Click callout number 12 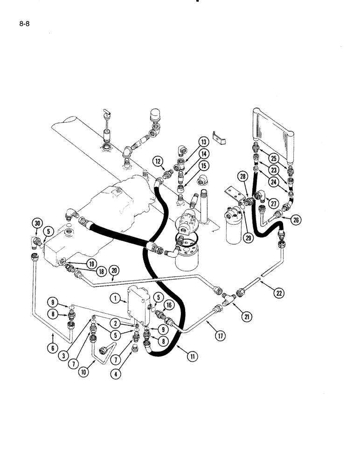pos(158,162)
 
